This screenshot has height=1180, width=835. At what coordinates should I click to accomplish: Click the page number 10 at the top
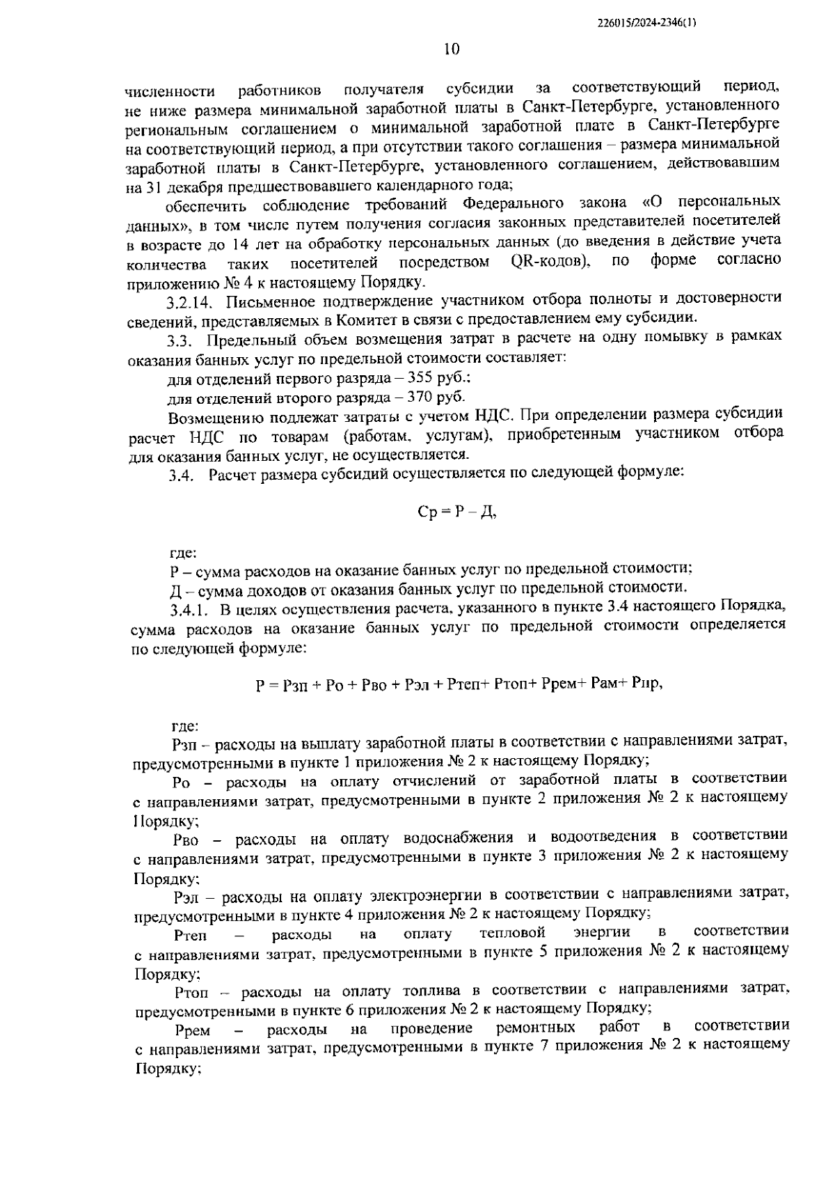tap(450, 49)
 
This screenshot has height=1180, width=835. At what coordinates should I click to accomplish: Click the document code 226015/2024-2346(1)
tap(647, 22)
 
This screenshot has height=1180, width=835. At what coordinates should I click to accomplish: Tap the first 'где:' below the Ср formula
tap(183, 553)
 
